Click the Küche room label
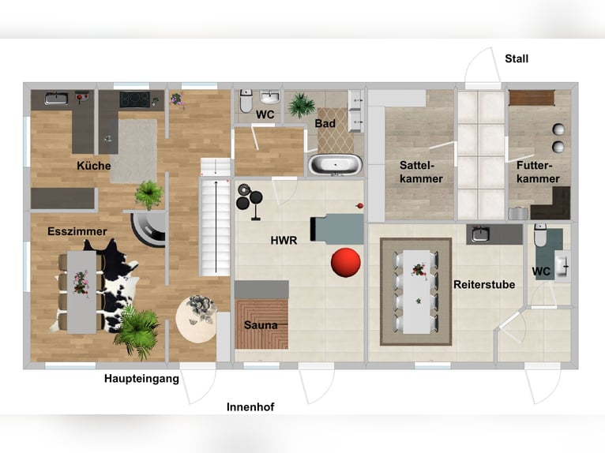[94, 166]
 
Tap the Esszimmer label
[77, 231]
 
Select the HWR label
[284, 241]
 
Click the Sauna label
[261, 325]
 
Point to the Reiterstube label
[484, 285]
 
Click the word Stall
[517, 58]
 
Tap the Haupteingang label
[141, 379]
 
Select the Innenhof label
[250, 406]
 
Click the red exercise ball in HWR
[346, 262]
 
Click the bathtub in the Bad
[336, 165]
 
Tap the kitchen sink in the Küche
[56, 99]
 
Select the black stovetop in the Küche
[134, 99]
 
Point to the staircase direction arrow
[216, 226]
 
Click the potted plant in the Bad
[302, 104]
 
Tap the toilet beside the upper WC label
[246, 101]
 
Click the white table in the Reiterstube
[417, 291]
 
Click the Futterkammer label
[538, 172]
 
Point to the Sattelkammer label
[421, 172]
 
